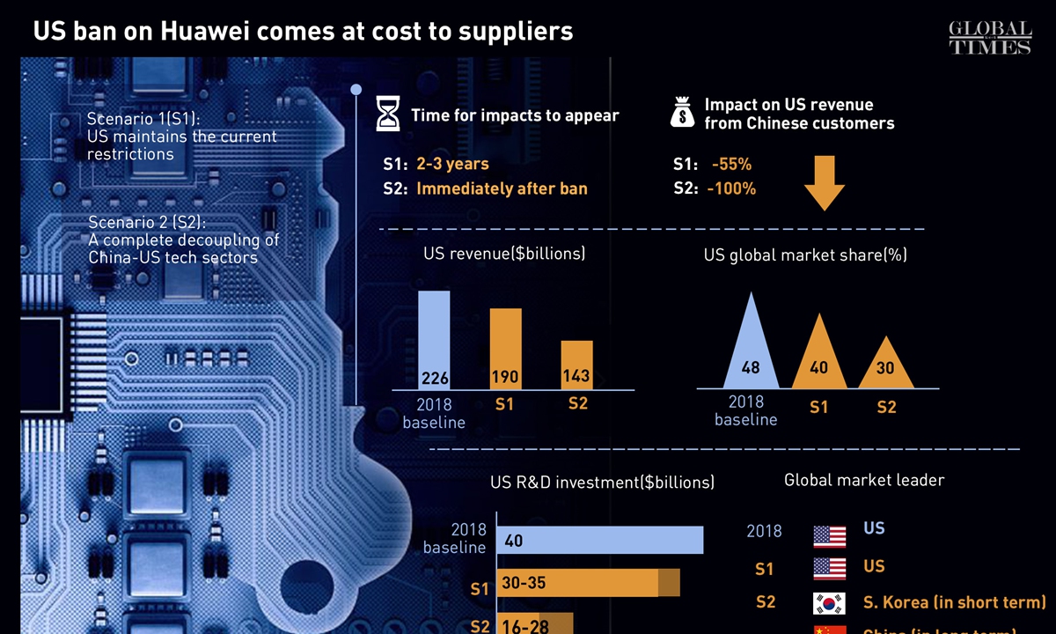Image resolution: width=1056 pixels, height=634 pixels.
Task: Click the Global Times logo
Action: click(989, 38)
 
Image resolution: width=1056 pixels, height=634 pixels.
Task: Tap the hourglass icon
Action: click(388, 115)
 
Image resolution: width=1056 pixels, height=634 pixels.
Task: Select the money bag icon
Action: click(682, 114)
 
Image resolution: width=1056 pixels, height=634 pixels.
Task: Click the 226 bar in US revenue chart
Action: click(434, 340)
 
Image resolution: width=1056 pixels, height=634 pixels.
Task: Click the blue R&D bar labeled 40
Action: click(600, 541)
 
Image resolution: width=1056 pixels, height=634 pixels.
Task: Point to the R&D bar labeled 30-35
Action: click(588, 583)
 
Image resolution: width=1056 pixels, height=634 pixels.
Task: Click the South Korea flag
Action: click(830, 604)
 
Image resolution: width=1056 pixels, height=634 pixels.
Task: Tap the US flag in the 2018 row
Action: click(830, 533)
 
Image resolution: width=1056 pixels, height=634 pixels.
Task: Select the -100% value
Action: click(731, 188)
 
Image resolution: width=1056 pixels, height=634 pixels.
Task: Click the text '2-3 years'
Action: click(452, 164)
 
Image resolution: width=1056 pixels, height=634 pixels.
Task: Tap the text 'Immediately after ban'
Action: click(502, 188)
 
